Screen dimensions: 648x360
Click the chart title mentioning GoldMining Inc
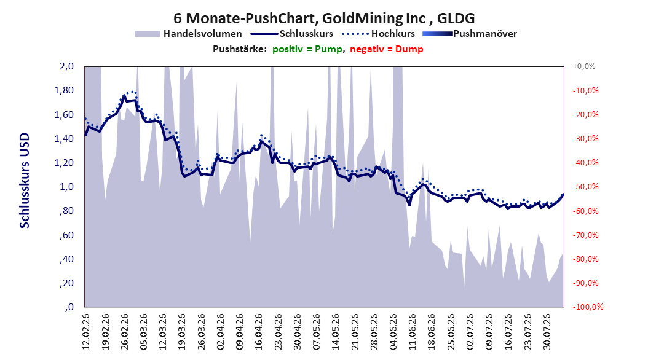324,18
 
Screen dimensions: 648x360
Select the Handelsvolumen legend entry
189,34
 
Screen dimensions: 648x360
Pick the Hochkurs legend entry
379,34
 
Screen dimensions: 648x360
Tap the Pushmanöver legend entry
470,34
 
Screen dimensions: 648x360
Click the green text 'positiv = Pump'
307,49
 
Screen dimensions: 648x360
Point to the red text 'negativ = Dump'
387,49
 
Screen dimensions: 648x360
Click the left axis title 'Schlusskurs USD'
25,181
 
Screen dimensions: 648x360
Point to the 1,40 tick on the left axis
64,139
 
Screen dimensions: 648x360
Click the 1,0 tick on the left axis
66,187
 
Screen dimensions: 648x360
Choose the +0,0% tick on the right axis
584,66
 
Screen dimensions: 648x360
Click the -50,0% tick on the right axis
585,187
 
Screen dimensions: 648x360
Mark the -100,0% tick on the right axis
588,307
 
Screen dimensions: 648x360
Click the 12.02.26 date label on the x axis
86,332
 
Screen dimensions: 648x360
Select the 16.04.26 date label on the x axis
259,332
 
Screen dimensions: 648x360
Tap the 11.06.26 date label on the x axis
413,332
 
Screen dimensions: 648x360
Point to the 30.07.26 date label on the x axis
547,332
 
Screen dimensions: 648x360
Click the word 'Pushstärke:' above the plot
240,49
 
